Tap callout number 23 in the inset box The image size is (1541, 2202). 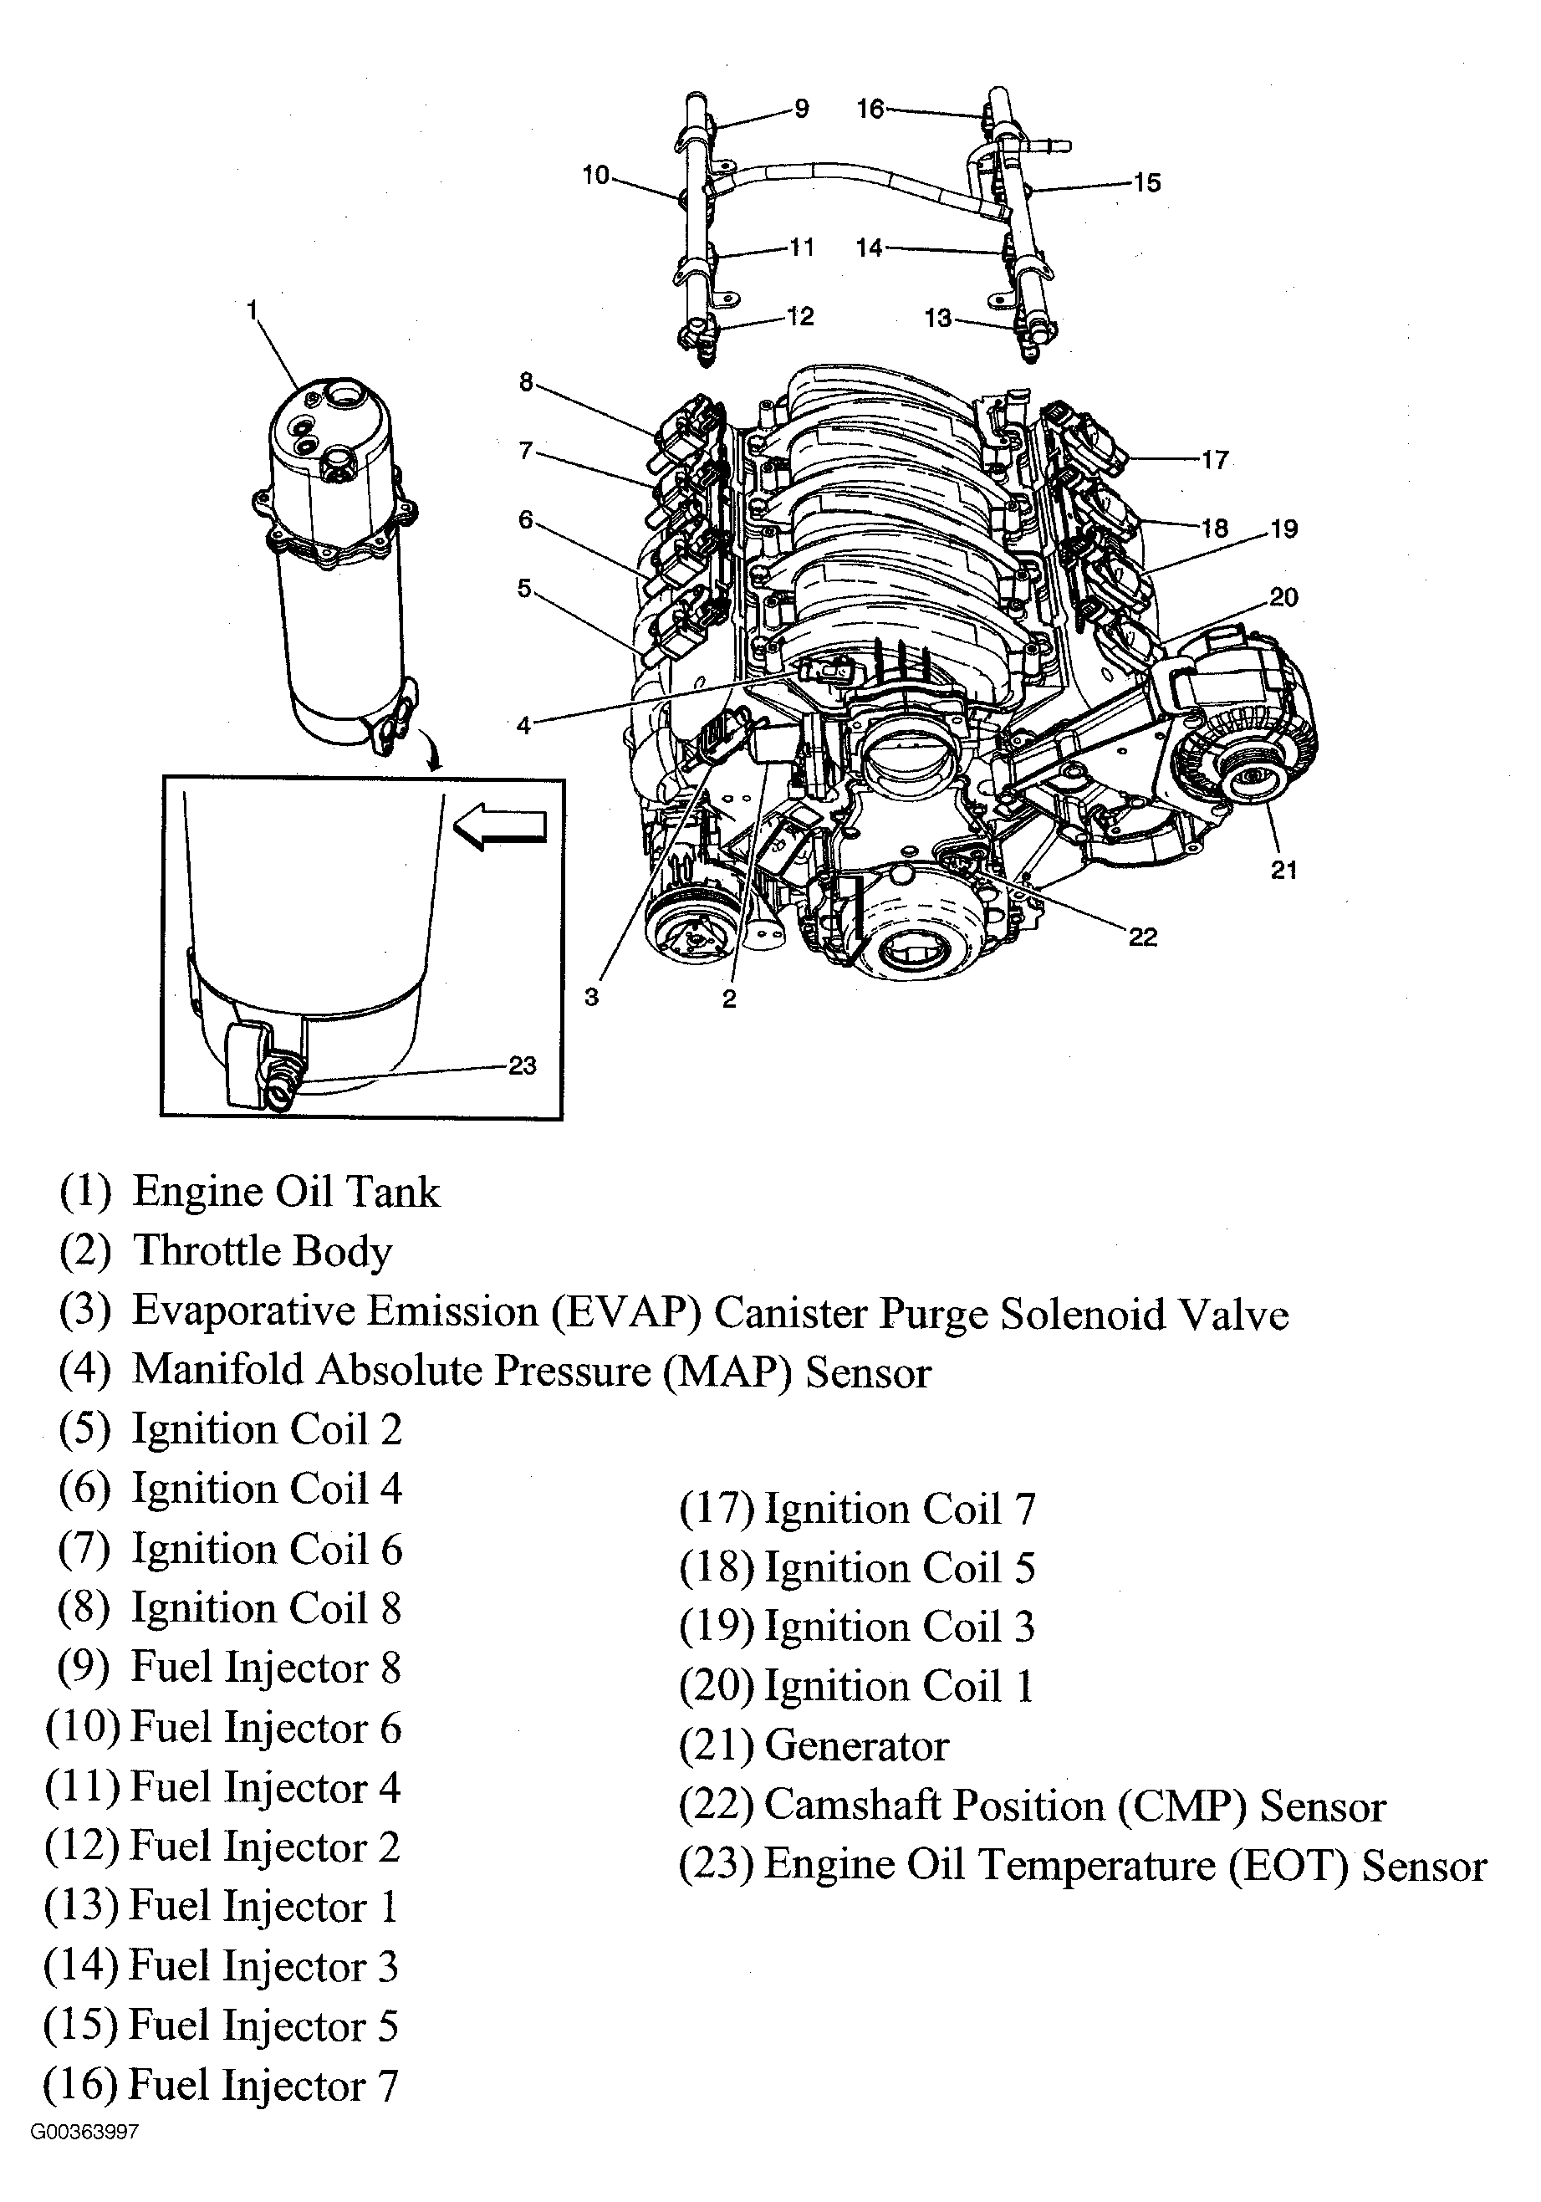(x=522, y=1065)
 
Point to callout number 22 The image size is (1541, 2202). (x=1143, y=936)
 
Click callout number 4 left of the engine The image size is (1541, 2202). (x=523, y=725)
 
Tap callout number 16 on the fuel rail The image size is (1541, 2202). (x=870, y=110)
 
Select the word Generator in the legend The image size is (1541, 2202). (x=856, y=1745)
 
